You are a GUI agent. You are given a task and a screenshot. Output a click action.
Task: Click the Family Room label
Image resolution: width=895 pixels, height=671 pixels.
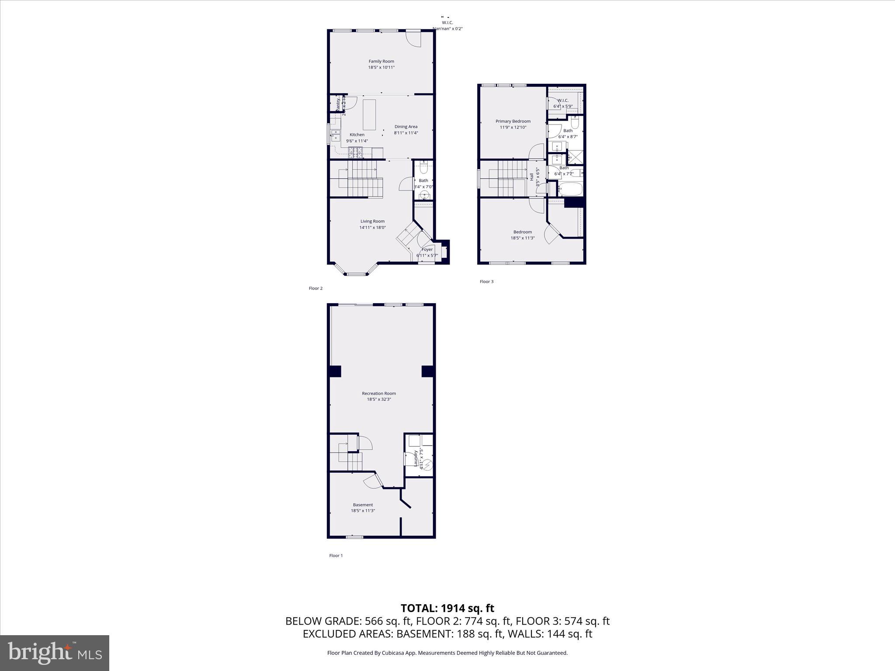click(381, 61)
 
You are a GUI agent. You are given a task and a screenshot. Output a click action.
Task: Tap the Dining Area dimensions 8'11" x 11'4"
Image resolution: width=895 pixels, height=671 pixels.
click(406, 133)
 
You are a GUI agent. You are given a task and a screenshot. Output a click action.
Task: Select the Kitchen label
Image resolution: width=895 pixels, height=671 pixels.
click(357, 135)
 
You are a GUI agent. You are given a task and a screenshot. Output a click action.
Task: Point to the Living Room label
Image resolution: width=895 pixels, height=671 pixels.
click(372, 221)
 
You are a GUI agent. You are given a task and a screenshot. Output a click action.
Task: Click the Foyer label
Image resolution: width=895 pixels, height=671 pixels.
click(427, 249)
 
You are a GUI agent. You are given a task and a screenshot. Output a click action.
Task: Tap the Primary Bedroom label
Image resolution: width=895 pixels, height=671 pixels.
click(513, 121)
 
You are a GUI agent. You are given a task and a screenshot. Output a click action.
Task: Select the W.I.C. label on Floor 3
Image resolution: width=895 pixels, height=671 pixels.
click(563, 100)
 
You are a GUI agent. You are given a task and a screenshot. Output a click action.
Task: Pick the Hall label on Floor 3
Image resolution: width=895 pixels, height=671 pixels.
click(532, 177)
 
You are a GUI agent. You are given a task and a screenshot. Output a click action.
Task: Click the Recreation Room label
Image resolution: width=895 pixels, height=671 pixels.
click(379, 393)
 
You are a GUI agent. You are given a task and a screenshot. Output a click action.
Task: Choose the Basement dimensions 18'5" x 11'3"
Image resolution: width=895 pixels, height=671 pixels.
click(363, 511)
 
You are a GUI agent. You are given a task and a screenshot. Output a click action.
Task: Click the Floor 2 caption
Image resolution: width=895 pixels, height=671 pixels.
click(316, 288)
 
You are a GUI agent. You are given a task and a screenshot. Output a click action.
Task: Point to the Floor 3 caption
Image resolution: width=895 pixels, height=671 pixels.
click(486, 281)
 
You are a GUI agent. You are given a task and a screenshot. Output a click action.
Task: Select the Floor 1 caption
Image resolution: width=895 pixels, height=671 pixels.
click(336, 556)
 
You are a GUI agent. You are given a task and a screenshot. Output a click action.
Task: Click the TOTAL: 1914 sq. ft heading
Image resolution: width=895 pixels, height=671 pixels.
click(447, 608)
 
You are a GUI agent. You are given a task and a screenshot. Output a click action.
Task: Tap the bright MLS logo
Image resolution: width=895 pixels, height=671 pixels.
click(55, 653)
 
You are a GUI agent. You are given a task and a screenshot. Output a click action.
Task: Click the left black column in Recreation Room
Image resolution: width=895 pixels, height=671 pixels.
click(335, 371)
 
